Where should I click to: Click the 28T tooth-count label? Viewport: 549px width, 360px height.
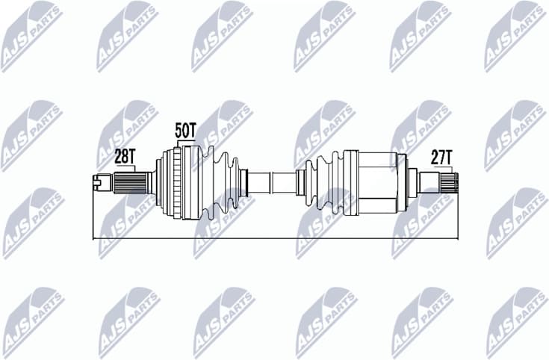tap(124, 156)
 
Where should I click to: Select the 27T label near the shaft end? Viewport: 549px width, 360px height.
tap(441, 156)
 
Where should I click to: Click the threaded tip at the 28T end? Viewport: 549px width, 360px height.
tap(99, 180)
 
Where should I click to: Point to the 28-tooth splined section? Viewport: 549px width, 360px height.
tap(128, 181)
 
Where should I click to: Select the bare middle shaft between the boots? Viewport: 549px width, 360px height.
tap(272, 182)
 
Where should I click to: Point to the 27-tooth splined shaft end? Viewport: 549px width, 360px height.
tap(447, 181)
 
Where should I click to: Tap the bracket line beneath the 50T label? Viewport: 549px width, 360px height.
tap(185, 142)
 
